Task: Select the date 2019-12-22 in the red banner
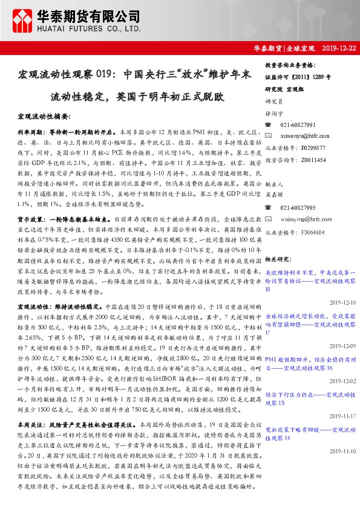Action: point(339,47)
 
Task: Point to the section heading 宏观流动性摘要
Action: point(45,115)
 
